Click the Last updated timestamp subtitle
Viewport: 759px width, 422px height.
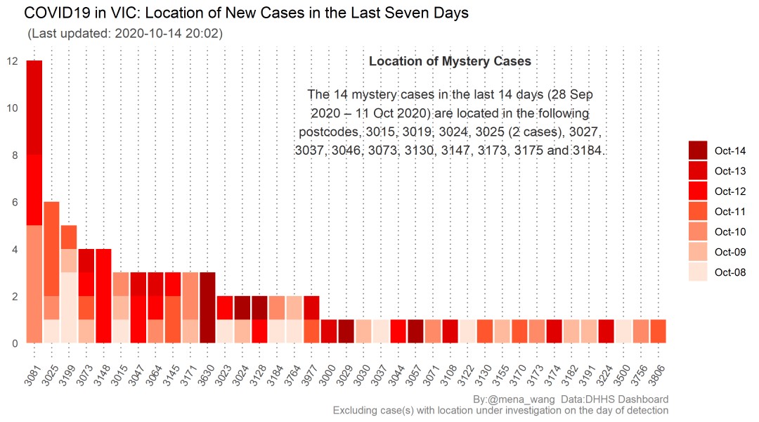[124, 33]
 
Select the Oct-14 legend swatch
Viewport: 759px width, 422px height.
[697, 150]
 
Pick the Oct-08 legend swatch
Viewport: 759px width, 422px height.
[697, 272]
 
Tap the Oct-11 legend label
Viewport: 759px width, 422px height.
[729, 211]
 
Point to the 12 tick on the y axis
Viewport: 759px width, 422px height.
[13, 61]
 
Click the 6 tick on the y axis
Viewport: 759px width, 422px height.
[13, 203]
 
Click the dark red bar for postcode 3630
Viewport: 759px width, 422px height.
[207, 307]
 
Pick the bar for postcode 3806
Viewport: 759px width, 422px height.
[659, 331]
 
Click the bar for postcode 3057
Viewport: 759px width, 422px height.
[416, 331]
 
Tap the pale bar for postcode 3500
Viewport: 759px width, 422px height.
[623, 331]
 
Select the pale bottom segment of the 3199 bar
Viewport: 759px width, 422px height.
[69, 307]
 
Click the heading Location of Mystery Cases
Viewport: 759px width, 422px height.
[450, 61]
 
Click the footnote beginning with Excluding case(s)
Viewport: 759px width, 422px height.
[500, 410]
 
